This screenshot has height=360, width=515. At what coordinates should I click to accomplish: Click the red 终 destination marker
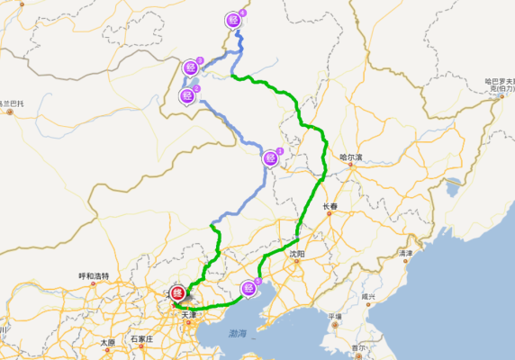click(x=177, y=293)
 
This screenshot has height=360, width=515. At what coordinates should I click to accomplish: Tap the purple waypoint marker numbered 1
click(x=270, y=158)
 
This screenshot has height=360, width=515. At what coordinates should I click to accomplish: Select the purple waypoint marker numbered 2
click(x=187, y=95)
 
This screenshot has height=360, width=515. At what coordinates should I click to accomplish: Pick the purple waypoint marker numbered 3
click(x=191, y=67)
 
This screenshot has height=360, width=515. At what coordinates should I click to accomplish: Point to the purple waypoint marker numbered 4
click(x=234, y=19)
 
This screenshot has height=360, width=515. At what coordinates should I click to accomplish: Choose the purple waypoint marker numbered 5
click(x=248, y=288)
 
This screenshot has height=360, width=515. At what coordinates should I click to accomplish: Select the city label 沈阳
click(x=298, y=255)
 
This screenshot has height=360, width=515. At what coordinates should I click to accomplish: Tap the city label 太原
click(x=107, y=343)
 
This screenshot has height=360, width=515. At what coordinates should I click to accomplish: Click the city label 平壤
click(x=335, y=316)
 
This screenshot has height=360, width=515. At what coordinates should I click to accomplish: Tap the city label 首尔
click(x=359, y=347)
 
